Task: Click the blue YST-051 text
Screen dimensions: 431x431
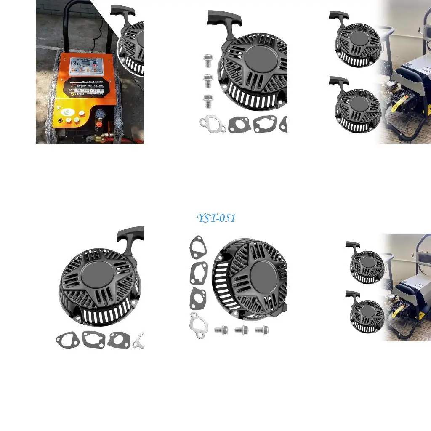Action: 216,218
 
